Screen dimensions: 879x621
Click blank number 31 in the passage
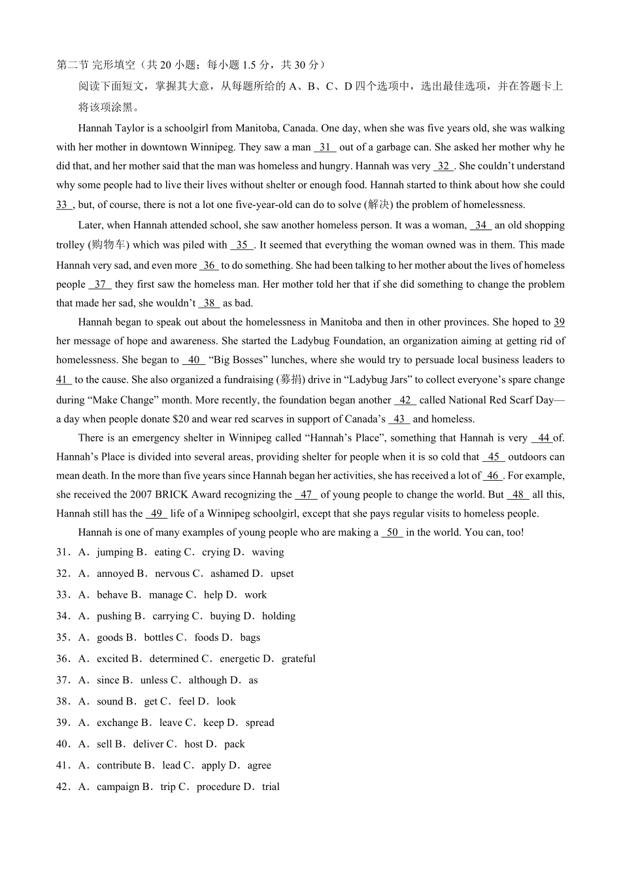325,147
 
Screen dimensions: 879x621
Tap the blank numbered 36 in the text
209,265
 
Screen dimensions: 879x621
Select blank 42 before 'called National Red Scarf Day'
405,400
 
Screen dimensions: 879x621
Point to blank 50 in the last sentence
392,532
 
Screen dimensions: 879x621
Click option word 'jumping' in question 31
114,552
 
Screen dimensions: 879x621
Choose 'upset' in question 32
282,574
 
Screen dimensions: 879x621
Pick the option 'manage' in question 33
166,595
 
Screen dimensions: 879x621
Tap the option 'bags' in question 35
250,637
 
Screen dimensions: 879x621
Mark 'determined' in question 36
174,659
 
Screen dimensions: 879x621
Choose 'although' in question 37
208,680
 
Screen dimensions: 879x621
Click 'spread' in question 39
260,723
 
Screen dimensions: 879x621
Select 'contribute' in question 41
119,765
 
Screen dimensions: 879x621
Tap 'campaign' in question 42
118,787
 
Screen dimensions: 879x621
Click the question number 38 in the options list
63,701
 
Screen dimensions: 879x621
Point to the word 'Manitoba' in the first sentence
258,128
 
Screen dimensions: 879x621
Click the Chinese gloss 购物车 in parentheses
109,245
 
